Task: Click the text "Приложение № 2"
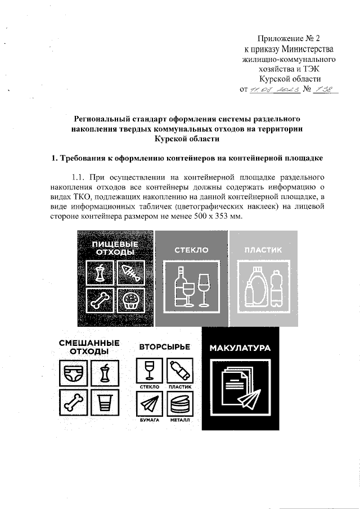tap(288, 39)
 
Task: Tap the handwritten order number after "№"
tap(325, 89)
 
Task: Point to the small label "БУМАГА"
tap(149, 420)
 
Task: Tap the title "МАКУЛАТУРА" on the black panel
tap(240, 348)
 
